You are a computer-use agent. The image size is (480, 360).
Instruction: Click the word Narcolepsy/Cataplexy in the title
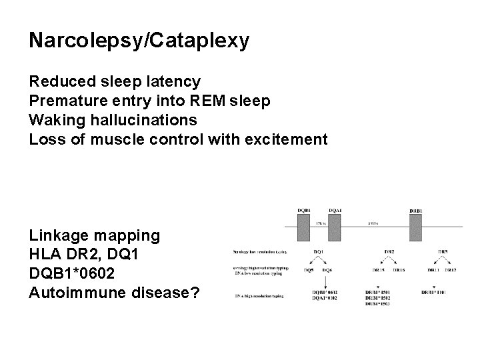[x=139, y=41]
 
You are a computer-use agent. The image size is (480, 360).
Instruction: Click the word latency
[x=172, y=82]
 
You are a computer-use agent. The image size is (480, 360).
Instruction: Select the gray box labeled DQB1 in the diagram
[x=303, y=227]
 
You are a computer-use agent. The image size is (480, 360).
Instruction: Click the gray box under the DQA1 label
[x=335, y=227]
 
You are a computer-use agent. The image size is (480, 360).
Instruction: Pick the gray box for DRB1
[x=416, y=227]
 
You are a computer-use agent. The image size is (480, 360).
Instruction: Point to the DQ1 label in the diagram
[x=319, y=251]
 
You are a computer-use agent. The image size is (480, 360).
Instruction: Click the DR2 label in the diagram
[x=389, y=251]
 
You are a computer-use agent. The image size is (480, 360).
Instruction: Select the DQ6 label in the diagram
[x=327, y=270]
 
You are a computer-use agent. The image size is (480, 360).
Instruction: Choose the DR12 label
[x=452, y=270]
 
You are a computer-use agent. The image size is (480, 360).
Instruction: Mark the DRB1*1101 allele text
[x=438, y=292]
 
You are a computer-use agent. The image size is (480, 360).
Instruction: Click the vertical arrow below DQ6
[x=327, y=281]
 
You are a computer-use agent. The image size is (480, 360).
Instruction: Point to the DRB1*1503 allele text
[x=378, y=304]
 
